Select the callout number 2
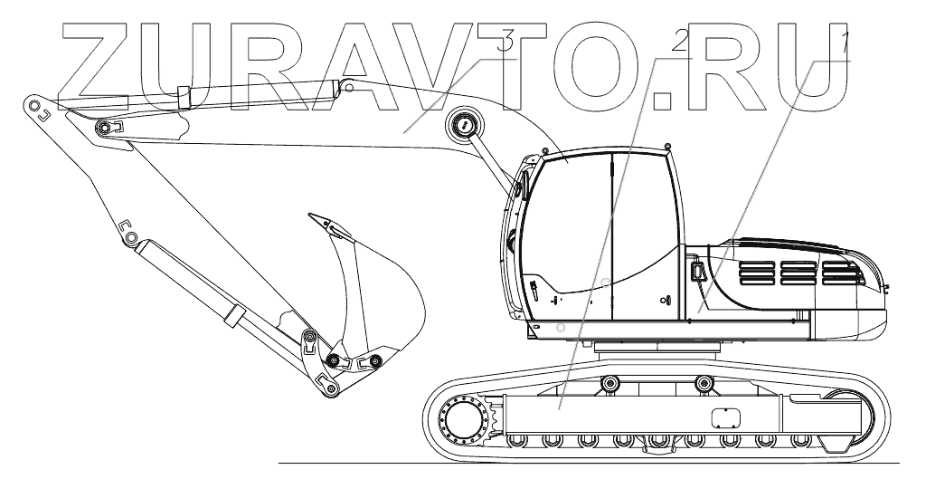(679, 39)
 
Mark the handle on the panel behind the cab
(695, 272)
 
